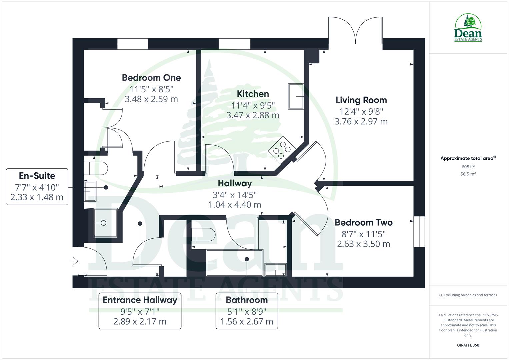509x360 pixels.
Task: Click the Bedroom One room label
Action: pyautogui.click(x=151, y=78)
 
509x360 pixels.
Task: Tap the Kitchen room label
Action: pyautogui.click(x=253, y=94)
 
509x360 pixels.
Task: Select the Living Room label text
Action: pyautogui.click(x=361, y=100)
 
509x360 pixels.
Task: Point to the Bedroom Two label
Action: pyautogui.click(x=363, y=222)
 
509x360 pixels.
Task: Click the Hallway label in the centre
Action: pyautogui.click(x=235, y=183)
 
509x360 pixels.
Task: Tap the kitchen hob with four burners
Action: pyautogui.click(x=281, y=150)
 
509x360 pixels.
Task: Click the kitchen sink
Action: pyautogui.click(x=296, y=96)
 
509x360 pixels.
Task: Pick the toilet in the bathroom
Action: pyautogui.click(x=203, y=235)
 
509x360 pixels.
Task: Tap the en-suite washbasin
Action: pyautogui.click(x=90, y=191)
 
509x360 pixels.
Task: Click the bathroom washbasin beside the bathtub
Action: pyautogui.click(x=275, y=269)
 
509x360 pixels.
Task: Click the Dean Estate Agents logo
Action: pyautogui.click(x=468, y=28)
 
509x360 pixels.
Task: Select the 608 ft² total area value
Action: pyautogui.click(x=468, y=167)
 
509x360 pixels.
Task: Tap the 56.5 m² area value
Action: pyautogui.click(x=468, y=174)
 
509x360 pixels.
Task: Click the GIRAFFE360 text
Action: pyautogui.click(x=468, y=345)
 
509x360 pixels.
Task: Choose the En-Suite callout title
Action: pyautogui.click(x=37, y=176)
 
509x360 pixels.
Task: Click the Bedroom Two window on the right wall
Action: pyautogui.click(x=419, y=232)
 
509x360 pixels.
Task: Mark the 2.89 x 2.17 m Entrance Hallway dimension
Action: pyautogui.click(x=140, y=322)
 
